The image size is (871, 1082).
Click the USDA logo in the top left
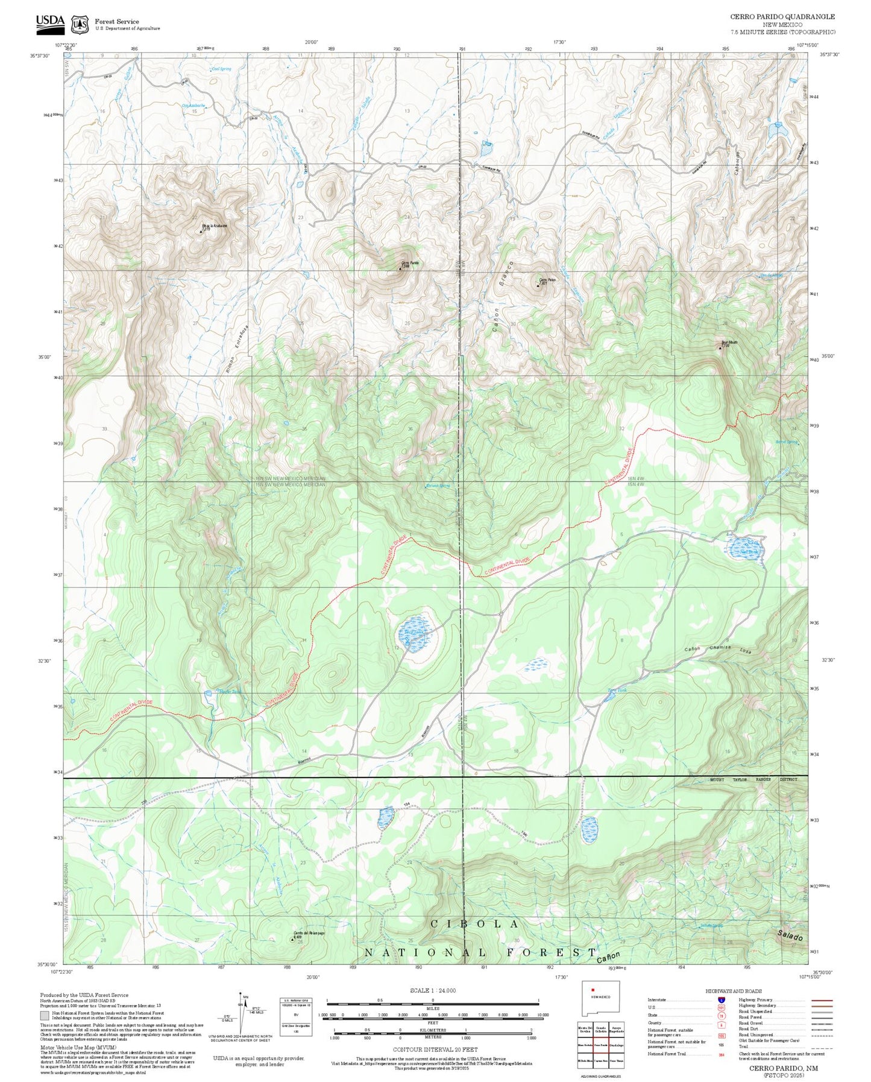click(50, 22)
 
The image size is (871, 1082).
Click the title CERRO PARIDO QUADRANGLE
click(782, 17)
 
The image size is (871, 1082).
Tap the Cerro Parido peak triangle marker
click(400, 268)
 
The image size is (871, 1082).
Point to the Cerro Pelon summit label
click(547, 280)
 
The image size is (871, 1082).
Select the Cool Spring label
click(221, 69)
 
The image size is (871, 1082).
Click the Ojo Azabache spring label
click(193, 105)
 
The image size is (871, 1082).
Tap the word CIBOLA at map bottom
click(475, 924)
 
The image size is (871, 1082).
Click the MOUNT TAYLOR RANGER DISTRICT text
click(753, 780)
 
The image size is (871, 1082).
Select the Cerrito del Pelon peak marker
click(293, 939)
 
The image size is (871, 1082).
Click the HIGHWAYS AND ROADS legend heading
click(733, 991)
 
